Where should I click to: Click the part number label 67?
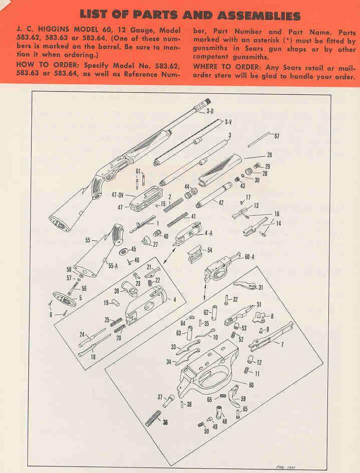[x=277, y=136]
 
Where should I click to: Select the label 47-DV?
[x=118, y=194]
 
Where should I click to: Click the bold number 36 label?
[x=165, y=422]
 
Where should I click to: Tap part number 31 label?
[x=261, y=287]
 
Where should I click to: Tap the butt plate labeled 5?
[x=64, y=300]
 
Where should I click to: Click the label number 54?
[x=210, y=249]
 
